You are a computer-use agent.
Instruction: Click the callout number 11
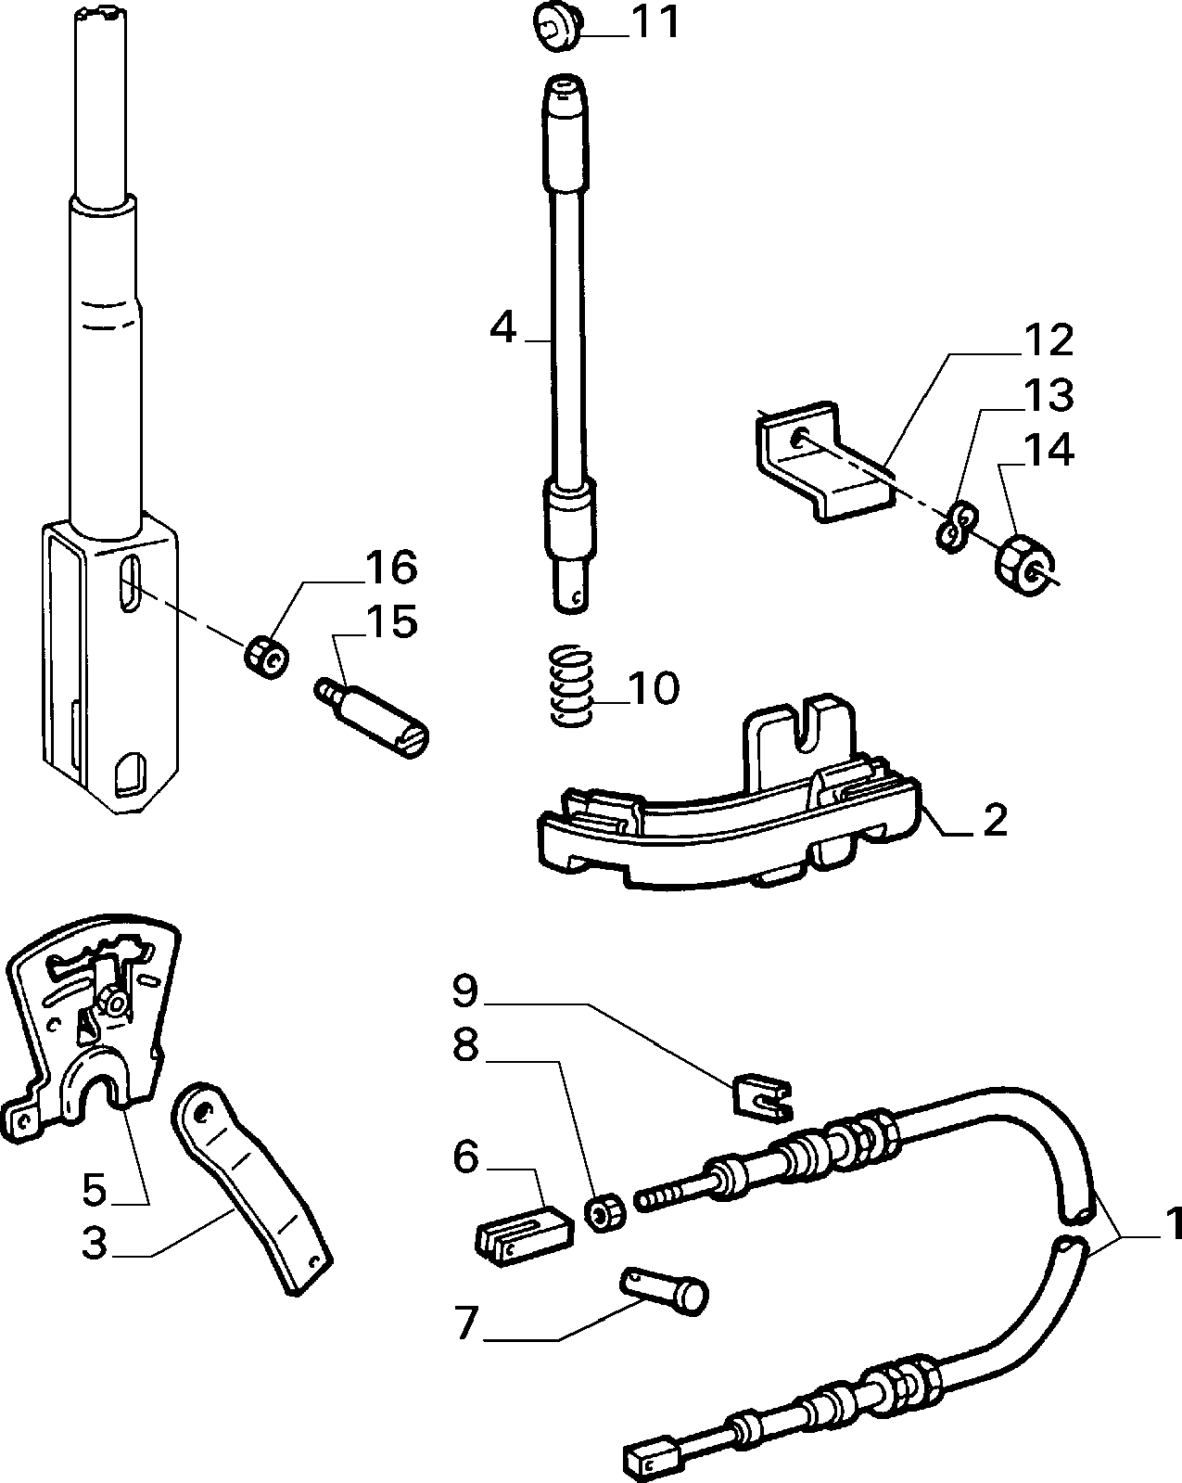[655, 22]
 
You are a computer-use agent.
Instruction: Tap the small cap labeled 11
[556, 25]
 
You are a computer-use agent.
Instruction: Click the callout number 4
[502, 328]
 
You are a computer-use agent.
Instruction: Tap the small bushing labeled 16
[267, 657]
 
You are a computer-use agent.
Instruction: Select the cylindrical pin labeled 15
[372, 719]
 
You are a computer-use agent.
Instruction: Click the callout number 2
[996, 819]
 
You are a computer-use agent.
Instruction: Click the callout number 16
[391, 568]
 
